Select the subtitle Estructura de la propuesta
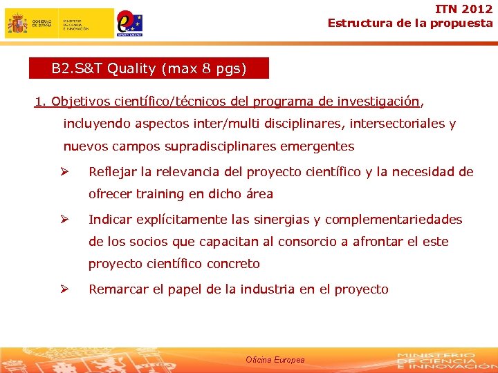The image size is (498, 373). [x=410, y=23]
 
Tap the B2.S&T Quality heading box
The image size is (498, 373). [x=149, y=68]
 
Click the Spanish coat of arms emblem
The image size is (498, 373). [x=17, y=23]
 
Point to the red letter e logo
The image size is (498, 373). [x=127, y=21]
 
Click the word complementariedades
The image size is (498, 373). [x=394, y=220]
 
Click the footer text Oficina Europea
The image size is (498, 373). [x=275, y=360]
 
